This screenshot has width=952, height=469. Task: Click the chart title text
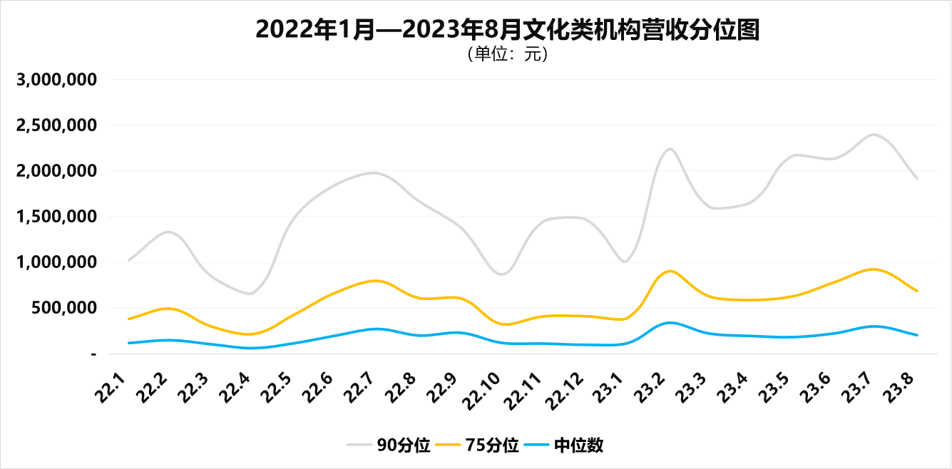click(x=507, y=30)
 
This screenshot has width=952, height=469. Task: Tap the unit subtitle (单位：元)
click(x=507, y=54)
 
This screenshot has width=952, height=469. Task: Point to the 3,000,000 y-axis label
click(x=56, y=80)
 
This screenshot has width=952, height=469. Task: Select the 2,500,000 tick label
click(x=56, y=125)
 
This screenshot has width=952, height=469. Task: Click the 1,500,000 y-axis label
click(x=56, y=217)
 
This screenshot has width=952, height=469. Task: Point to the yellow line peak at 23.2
click(x=670, y=271)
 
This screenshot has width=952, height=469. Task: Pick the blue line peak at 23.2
click(x=669, y=322)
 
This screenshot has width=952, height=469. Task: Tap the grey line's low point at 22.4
click(x=250, y=293)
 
